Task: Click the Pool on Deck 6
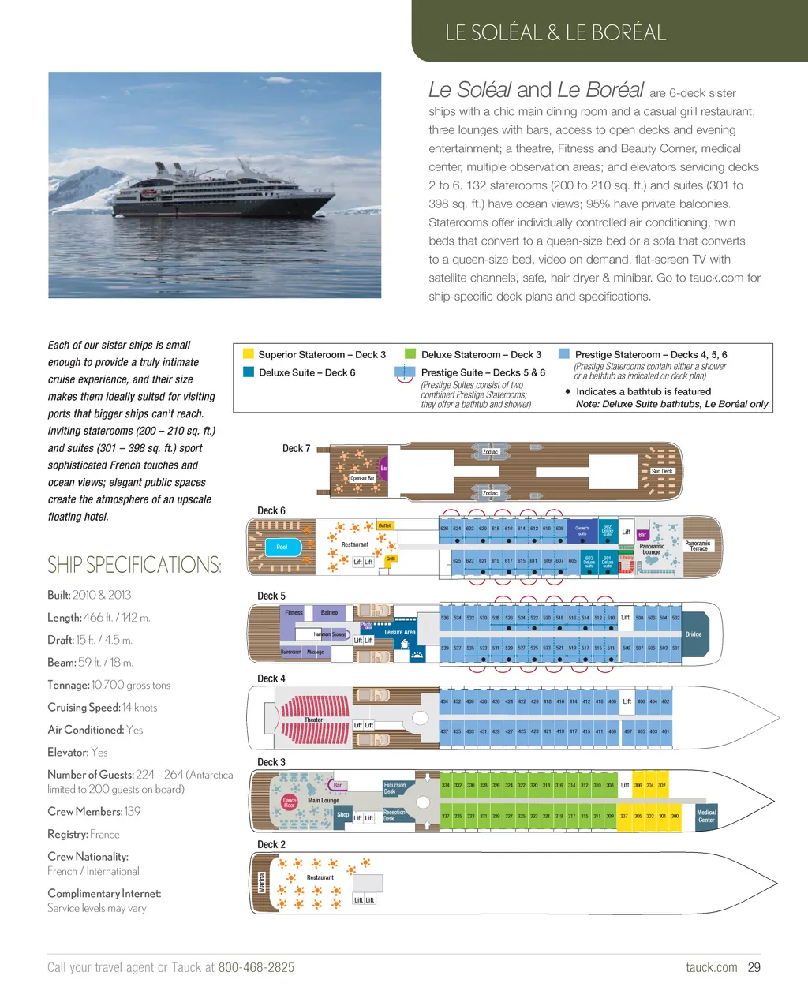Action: pos(282,547)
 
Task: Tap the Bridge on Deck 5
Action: pos(694,634)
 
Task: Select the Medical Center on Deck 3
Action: pos(706,816)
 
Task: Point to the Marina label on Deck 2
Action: pos(262,882)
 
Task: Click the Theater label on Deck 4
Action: pos(313,720)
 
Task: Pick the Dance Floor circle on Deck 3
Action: pos(290,802)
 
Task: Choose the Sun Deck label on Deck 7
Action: pos(662,471)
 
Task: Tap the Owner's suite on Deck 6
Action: pos(582,531)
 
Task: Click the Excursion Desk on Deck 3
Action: pos(395,787)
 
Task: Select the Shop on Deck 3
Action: pos(342,814)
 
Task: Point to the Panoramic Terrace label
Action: pos(698,545)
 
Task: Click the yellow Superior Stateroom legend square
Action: pos(248,354)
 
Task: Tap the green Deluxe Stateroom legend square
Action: pos(410,354)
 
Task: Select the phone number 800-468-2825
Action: pos(256,967)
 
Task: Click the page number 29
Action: pos(754,967)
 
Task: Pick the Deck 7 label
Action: pos(296,448)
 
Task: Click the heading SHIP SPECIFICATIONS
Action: pos(134,565)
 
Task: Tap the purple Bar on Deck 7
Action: pos(383,468)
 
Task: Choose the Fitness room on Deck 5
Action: pos(294,612)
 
